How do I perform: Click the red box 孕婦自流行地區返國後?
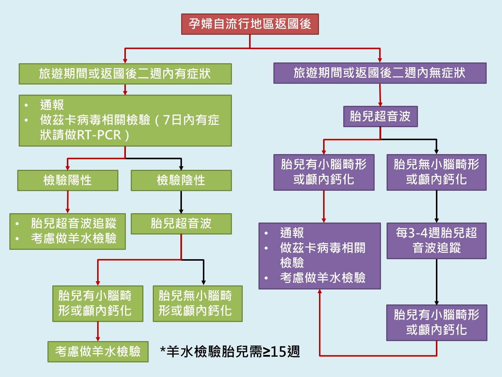tap(250, 24)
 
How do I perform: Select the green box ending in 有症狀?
tap(125, 74)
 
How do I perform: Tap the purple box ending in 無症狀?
tap(379, 73)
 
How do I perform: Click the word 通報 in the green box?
tap(52, 105)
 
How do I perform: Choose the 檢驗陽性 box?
tap(68, 180)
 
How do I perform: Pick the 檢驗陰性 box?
tap(181, 180)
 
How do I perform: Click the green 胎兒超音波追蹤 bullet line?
tap(74, 224)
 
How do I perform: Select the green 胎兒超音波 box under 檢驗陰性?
tap(181, 224)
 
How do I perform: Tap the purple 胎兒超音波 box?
tap(380, 116)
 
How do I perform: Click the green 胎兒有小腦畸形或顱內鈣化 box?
tap(98, 303)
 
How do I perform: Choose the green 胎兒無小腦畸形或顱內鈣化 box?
tap(198, 303)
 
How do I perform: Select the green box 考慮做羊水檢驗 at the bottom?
tap(98, 352)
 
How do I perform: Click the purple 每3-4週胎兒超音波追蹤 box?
tap(436, 240)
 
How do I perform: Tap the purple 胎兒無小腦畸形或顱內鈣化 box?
tap(436, 172)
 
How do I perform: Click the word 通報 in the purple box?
tap(292, 233)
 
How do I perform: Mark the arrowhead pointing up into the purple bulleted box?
tap(320, 292)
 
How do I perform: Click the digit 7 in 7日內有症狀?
tap(167, 120)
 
